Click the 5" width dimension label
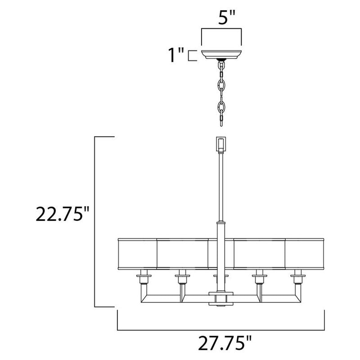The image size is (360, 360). pos(221,18)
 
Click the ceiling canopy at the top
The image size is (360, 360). pos(221,55)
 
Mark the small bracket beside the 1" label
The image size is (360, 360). pos(192,56)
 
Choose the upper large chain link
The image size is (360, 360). pos(221,84)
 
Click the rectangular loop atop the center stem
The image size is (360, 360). pos(221,144)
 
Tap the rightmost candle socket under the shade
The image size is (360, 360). pos(297,279)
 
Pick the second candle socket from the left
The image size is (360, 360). pos(182,279)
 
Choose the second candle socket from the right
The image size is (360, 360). pos(259,279)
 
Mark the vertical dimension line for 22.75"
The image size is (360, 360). pos(95,220)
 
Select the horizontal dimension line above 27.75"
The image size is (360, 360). pos(221,329)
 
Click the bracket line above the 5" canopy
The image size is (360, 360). pos(221,30)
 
